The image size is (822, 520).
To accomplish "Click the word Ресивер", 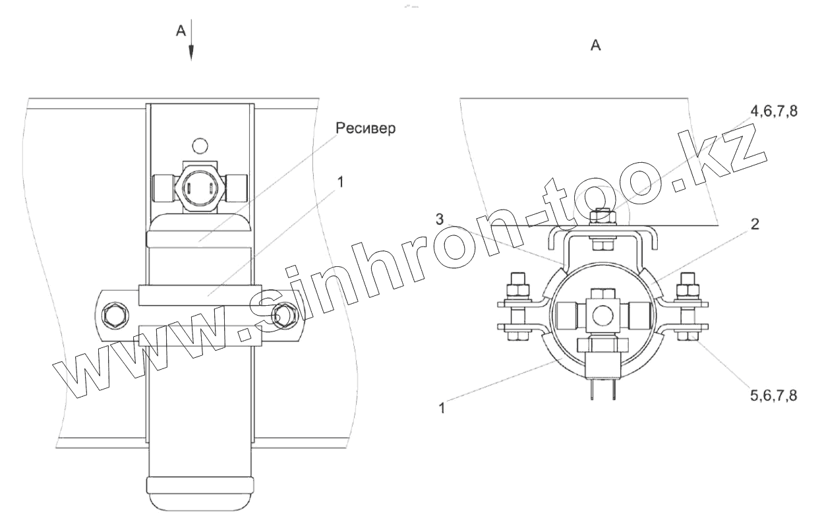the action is [x=366, y=129].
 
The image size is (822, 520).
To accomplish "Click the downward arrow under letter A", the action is [x=191, y=40].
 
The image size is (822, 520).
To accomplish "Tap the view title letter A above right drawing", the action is [x=596, y=45].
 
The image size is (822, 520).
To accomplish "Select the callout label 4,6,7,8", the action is [x=774, y=111].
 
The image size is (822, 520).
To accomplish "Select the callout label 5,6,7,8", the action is [x=774, y=395].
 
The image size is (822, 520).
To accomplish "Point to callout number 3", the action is [x=440, y=219].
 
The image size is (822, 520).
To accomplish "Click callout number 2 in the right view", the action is [x=755, y=224].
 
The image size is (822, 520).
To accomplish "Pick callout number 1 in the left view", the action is [x=340, y=182].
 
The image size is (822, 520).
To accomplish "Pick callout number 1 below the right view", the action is [x=442, y=408].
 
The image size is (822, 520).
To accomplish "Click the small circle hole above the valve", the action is [x=200, y=146].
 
